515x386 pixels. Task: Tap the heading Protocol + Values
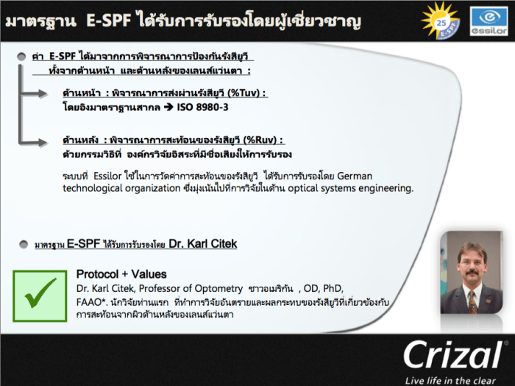point(121,274)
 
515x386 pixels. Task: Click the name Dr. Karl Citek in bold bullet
point(203,243)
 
